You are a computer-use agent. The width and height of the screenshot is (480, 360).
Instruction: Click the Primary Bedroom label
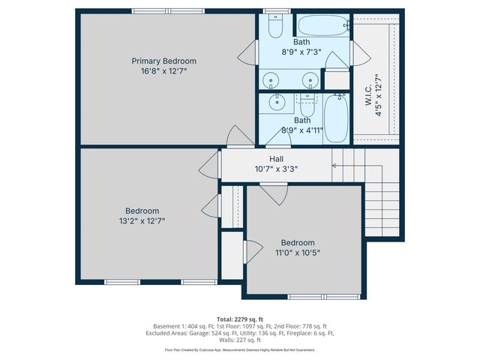(x=163, y=61)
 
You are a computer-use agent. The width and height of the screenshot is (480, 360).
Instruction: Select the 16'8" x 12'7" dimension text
(x=163, y=71)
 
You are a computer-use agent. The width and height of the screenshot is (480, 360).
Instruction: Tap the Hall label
(x=276, y=159)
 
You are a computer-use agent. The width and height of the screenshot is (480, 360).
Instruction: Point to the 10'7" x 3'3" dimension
(x=276, y=169)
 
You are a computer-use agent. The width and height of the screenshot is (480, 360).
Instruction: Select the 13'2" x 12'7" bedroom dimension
(x=142, y=221)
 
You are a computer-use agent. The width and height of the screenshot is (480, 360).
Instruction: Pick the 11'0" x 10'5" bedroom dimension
(x=297, y=253)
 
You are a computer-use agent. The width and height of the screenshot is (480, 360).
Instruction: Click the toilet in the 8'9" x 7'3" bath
(x=274, y=27)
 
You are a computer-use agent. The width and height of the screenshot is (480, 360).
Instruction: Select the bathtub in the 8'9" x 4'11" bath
(x=334, y=121)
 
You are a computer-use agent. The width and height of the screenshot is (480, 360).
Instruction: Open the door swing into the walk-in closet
(x=359, y=54)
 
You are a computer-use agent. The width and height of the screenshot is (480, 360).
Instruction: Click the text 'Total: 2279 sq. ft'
(x=239, y=318)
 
